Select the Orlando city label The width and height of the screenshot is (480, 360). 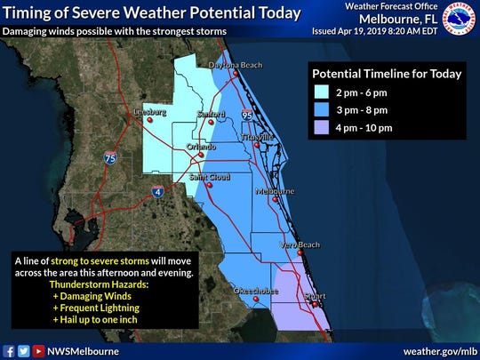click(201, 147)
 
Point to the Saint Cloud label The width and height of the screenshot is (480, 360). click(210, 177)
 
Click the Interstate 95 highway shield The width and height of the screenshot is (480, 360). click(246, 115)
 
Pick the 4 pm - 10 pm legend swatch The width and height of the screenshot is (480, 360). click(323, 128)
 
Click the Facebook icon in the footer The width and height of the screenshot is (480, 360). click(9, 350)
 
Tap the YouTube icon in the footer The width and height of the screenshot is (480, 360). click(37, 350)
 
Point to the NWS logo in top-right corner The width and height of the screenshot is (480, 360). click(460, 19)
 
